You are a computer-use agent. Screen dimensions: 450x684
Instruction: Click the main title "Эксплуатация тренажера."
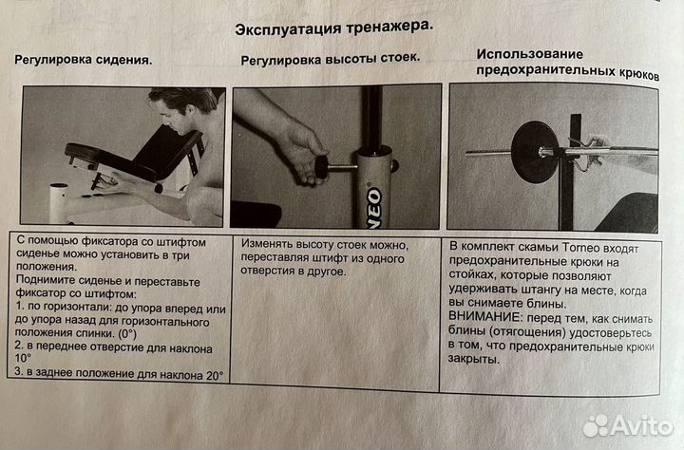point(334,28)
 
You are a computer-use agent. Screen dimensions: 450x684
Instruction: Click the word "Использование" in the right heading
point(529,54)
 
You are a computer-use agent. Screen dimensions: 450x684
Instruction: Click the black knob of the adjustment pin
point(321,168)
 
